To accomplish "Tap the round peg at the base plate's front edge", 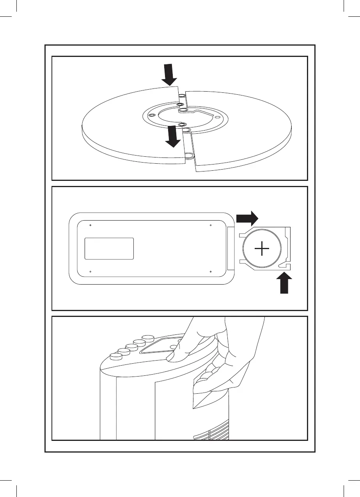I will pyautogui.click(x=189, y=156).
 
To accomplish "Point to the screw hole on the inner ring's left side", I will pyautogui.click(x=152, y=115).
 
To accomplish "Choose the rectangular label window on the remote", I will pyautogui.click(x=109, y=248).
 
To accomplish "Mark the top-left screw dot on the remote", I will pyautogui.click(x=90, y=225).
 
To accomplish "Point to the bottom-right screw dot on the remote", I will pyautogui.click(x=210, y=271).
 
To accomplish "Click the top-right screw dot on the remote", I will pyautogui.click(x=210, y=225).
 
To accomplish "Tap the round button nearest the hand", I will pyautogui.click(x=148, y=338).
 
